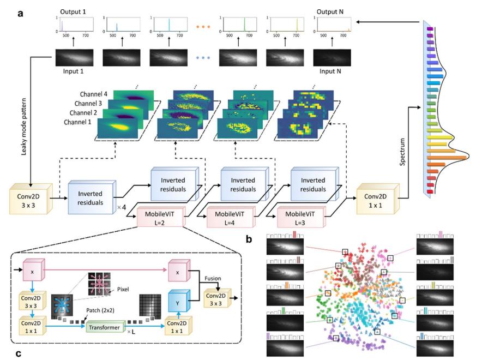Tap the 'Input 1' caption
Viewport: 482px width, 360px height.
[x=74, y=70]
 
